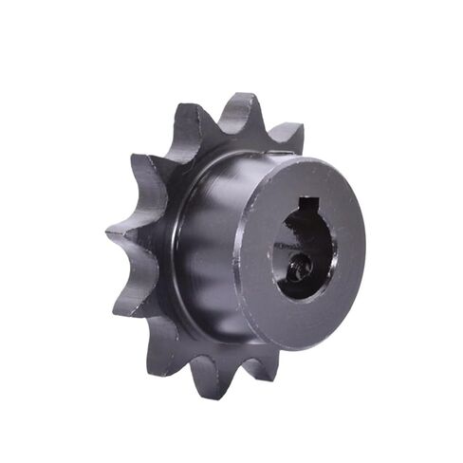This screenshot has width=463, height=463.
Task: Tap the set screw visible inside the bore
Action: tap(301, 270)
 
